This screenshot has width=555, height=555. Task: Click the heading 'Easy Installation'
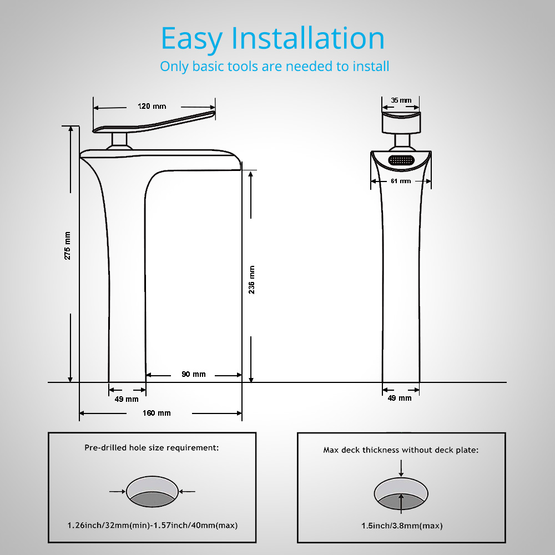(273, 39)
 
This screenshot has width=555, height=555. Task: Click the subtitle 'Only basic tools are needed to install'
(274, 66)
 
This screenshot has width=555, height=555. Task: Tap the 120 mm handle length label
(152, 107)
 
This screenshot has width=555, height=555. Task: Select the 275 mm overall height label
(68, 245)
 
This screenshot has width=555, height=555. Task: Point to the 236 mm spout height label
(251, 280)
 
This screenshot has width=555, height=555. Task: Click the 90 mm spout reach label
(193, 375)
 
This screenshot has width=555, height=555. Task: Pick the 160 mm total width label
(157, 413)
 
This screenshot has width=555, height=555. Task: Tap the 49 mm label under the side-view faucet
(127, 399)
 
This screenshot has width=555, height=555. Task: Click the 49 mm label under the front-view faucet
(400, 398)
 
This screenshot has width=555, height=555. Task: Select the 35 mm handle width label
(401, 100)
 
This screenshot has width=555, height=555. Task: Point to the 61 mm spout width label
(401, 181)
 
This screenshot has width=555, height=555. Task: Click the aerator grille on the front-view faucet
(401, 160)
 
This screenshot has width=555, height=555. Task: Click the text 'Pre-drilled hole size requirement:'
(152, 447)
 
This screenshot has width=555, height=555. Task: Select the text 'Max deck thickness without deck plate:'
(401, 450)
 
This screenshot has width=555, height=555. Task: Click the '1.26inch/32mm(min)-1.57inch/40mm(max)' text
(153, 525)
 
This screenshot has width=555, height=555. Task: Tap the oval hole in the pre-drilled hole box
(153, 491)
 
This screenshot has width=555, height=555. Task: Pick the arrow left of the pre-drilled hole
(117, 491)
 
